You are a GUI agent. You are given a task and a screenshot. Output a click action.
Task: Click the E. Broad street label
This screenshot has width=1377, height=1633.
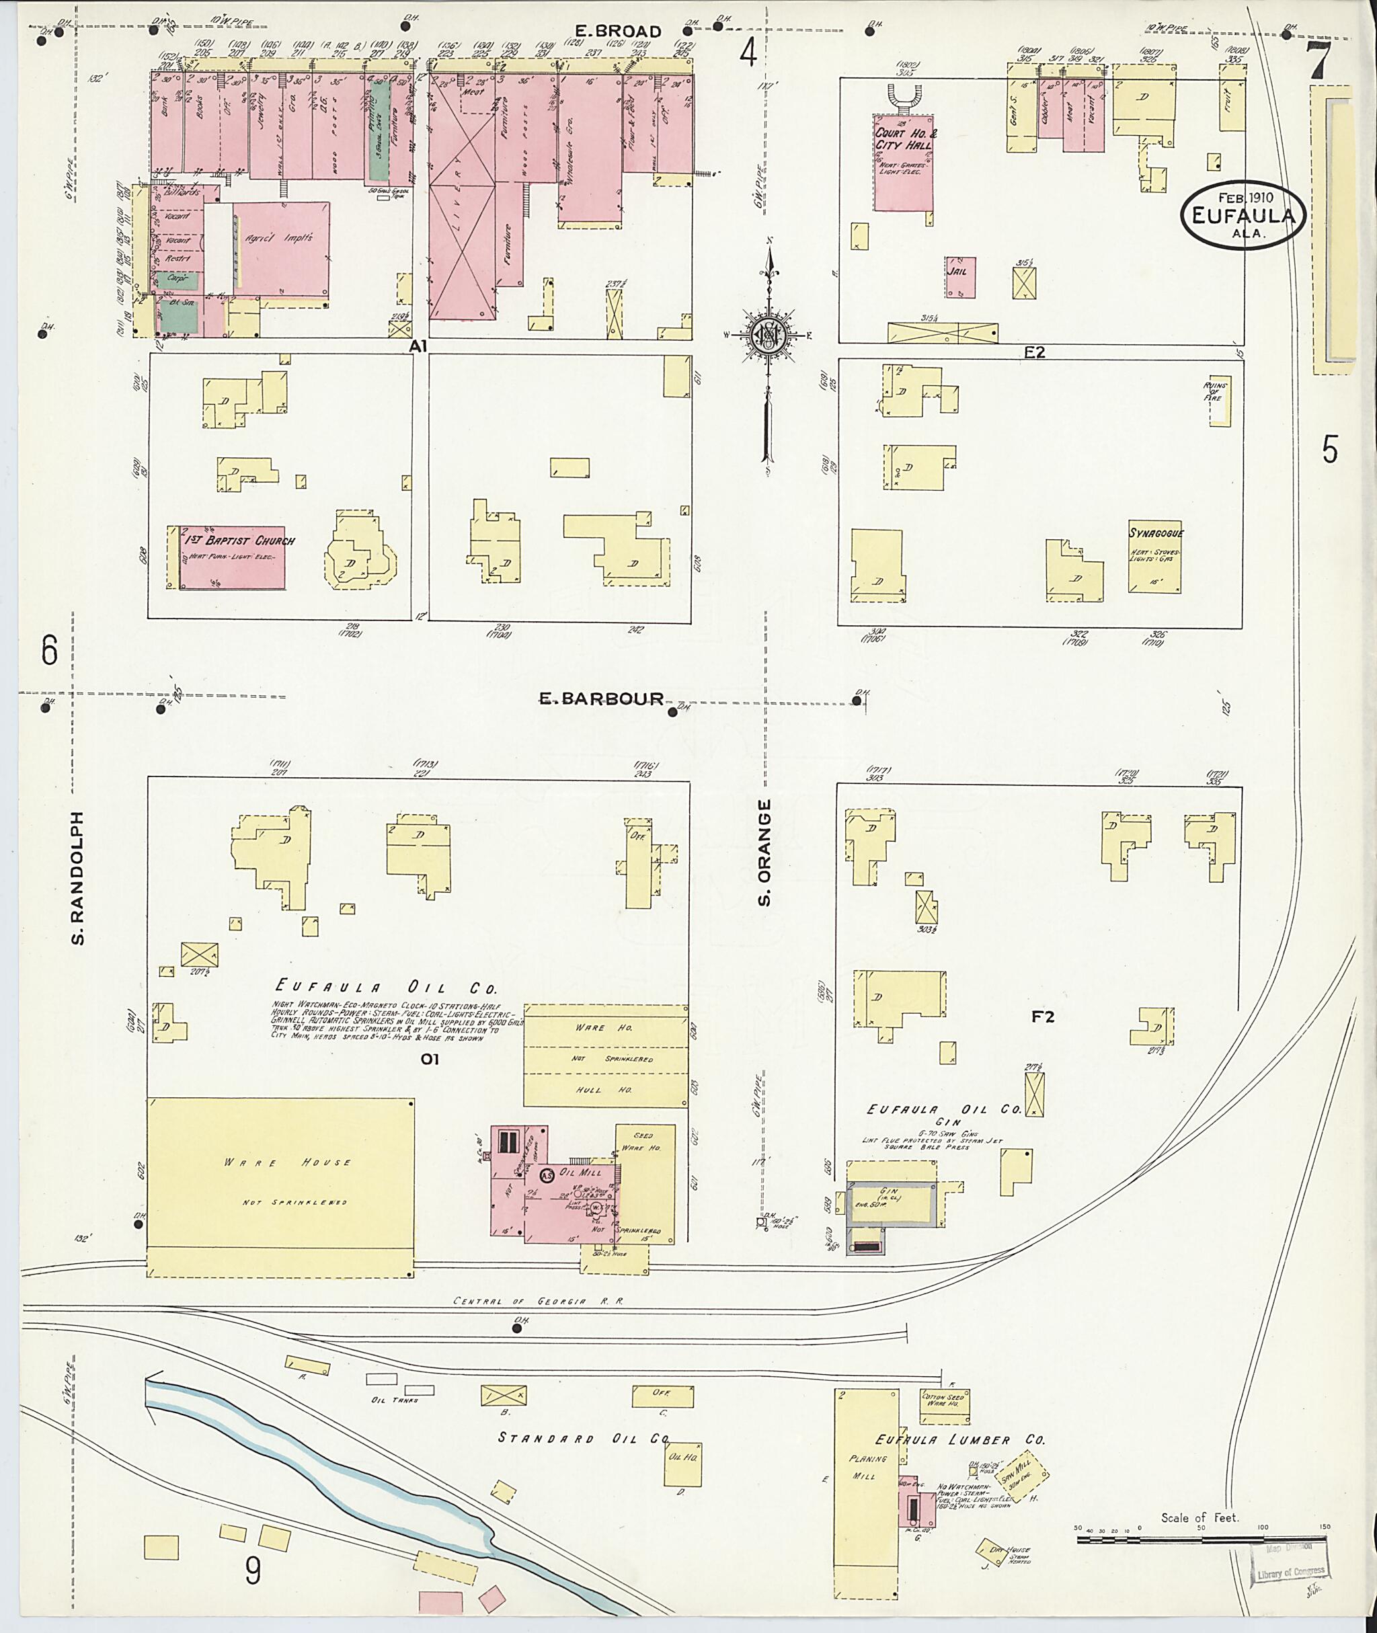click(x=619, y=31)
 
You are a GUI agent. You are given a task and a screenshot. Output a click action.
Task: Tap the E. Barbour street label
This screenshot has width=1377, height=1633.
click(x=602, y=699)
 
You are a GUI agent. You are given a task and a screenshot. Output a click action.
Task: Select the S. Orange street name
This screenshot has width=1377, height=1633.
click(x=764, y=852)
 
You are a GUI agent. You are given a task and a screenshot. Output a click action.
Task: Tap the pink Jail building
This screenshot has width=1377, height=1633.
click(x=959, y=277)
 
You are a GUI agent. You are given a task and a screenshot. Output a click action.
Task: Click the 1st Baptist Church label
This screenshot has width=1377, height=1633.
click(x=238, y=540)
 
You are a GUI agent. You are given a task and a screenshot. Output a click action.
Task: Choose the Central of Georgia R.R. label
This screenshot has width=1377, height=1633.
click(x=539, y=1302)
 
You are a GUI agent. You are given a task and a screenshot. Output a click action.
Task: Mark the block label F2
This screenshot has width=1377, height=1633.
click(x=1043, y=1017)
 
